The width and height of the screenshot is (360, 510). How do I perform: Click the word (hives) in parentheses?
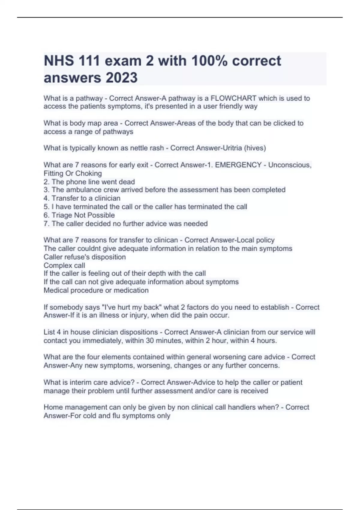point(255,148)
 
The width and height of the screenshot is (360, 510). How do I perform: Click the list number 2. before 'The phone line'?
point(46,182)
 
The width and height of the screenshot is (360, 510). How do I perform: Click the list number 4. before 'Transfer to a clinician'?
point(46,198)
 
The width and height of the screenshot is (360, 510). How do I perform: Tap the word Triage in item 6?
point(62,215)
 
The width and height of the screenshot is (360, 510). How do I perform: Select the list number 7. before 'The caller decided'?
point(46,223)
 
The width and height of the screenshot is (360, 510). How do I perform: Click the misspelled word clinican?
point(166,240)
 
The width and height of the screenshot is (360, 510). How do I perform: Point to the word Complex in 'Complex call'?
point(56,265)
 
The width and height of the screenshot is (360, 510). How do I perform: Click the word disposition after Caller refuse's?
point(109,257)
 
